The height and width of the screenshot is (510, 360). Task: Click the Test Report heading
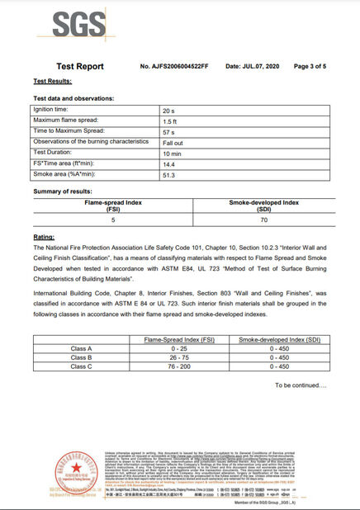[80, 65]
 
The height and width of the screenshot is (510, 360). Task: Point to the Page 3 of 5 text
[310, 65]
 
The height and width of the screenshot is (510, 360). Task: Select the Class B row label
[82, 357]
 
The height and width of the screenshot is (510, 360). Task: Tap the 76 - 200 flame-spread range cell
[178, 366]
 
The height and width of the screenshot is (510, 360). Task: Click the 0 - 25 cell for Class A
[178, 348]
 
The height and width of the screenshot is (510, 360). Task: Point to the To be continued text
[301, 385]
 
